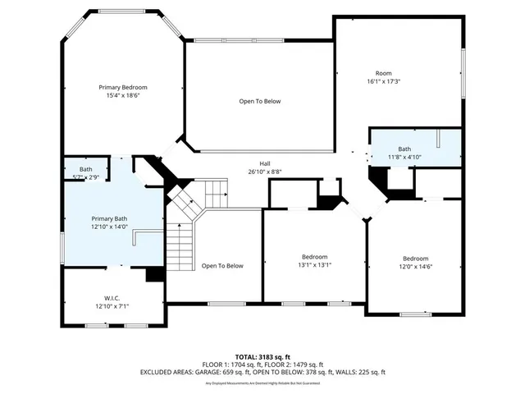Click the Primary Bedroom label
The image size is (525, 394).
click(x=129, y=87)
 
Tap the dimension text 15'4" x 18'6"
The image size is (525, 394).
click(x=129, y=96)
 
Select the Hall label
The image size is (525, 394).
click(x=266, y=163)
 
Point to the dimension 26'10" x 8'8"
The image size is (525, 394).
click(x=266, y=172)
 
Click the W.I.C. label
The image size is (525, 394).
click(x=112, y=297)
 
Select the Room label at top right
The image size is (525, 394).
click(x=384, y=73)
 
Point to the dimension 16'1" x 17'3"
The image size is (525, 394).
click(x=384, y=81)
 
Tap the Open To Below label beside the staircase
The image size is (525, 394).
click(x=222, y=265)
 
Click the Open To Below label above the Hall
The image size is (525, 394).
click(x=260, y=101)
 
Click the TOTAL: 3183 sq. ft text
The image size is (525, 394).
click(x=262, y=356)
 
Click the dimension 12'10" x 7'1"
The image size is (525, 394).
click(x=112, y=306)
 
